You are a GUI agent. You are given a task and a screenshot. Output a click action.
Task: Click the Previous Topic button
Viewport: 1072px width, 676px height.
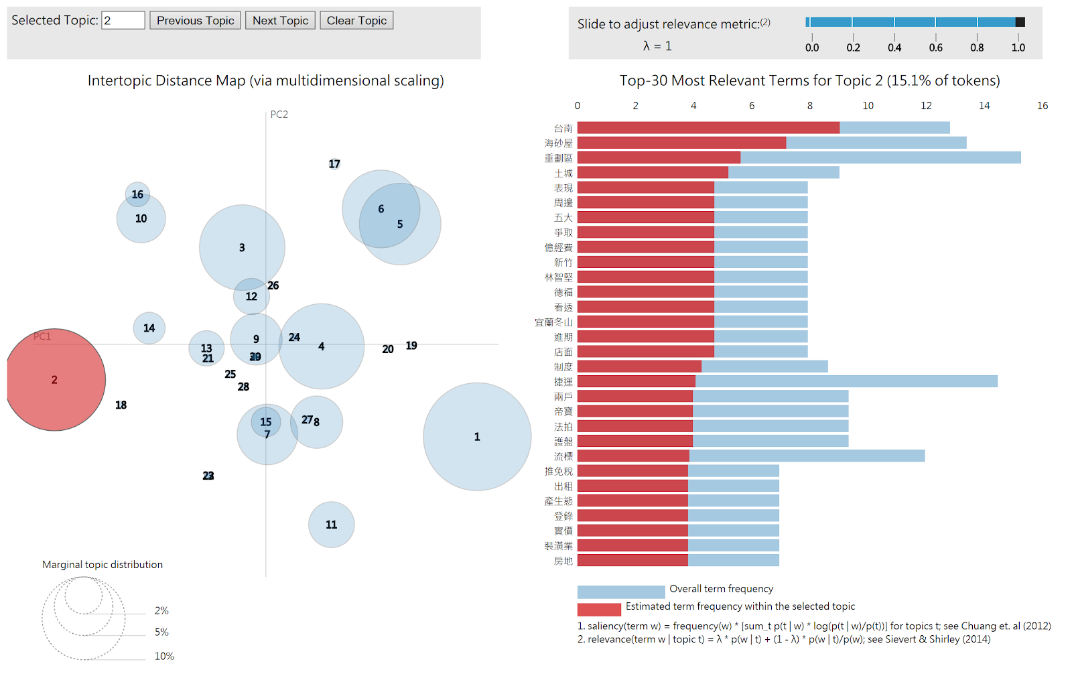[x=195, y=21]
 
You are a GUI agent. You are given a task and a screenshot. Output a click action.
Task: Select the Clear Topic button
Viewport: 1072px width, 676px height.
[x=356, y=21]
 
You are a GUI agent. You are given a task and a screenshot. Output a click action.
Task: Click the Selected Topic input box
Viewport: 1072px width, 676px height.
[x=123, y=21]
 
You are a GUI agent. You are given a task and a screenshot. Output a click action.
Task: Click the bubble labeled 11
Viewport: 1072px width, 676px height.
[x=331, y=525]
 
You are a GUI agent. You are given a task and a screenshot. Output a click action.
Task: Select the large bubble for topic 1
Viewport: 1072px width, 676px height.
[x=477, y=437]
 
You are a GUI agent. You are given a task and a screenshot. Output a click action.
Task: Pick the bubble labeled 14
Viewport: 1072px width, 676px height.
[x=149, y=328]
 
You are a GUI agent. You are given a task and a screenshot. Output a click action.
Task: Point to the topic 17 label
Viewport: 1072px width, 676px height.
[x=334, y=164]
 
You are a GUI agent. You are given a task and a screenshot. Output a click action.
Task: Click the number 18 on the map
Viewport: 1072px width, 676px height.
[x=121, y=405]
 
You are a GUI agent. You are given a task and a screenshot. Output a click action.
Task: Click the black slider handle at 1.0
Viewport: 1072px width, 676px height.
[x=1020, y=22]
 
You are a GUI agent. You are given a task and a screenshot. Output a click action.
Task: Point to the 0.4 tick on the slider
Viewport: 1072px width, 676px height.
[x=894, y=48]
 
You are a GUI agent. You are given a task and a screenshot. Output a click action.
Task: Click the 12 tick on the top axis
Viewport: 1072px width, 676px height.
[x=926, y=106]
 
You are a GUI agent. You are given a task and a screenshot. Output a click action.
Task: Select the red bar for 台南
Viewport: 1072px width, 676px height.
[x=708, y=128]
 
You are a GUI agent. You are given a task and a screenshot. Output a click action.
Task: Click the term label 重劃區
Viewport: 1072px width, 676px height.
[x=558, y=158]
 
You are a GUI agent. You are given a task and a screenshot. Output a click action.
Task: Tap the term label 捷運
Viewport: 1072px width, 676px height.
[x=563, y=382]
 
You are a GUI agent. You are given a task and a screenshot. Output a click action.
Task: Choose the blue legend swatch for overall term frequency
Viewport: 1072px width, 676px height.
[x=621, y=592]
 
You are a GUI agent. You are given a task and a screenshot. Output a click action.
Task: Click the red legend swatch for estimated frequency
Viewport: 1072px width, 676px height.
[x=599, y=609]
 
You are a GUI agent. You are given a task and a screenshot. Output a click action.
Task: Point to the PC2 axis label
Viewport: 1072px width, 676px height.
[x=279, y=115]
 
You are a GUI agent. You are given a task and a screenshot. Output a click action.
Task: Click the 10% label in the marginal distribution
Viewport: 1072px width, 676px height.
[x=164, y=657]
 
